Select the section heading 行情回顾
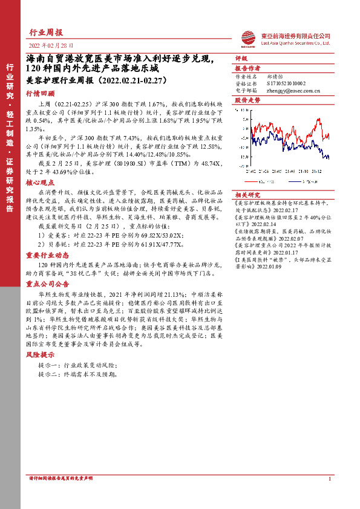pos(40,94)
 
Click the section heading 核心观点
pos(40,181)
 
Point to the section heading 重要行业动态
pos(45,254)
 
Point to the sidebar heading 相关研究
pos(247,195)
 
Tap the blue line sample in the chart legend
pos(291,181)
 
